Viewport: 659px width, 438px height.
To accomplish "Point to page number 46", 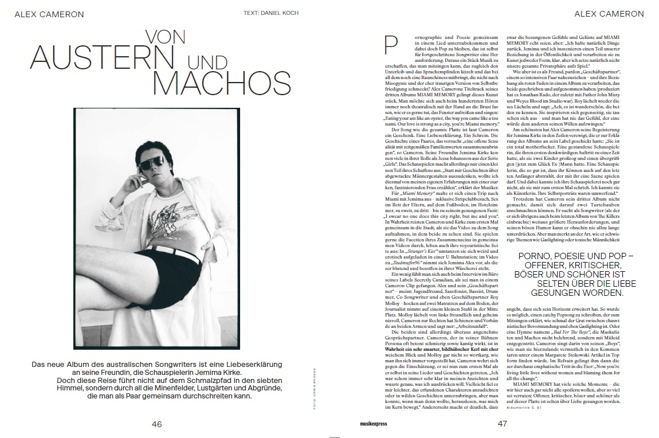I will pos(156,424).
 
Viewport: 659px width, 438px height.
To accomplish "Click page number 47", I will pos(503,424).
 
